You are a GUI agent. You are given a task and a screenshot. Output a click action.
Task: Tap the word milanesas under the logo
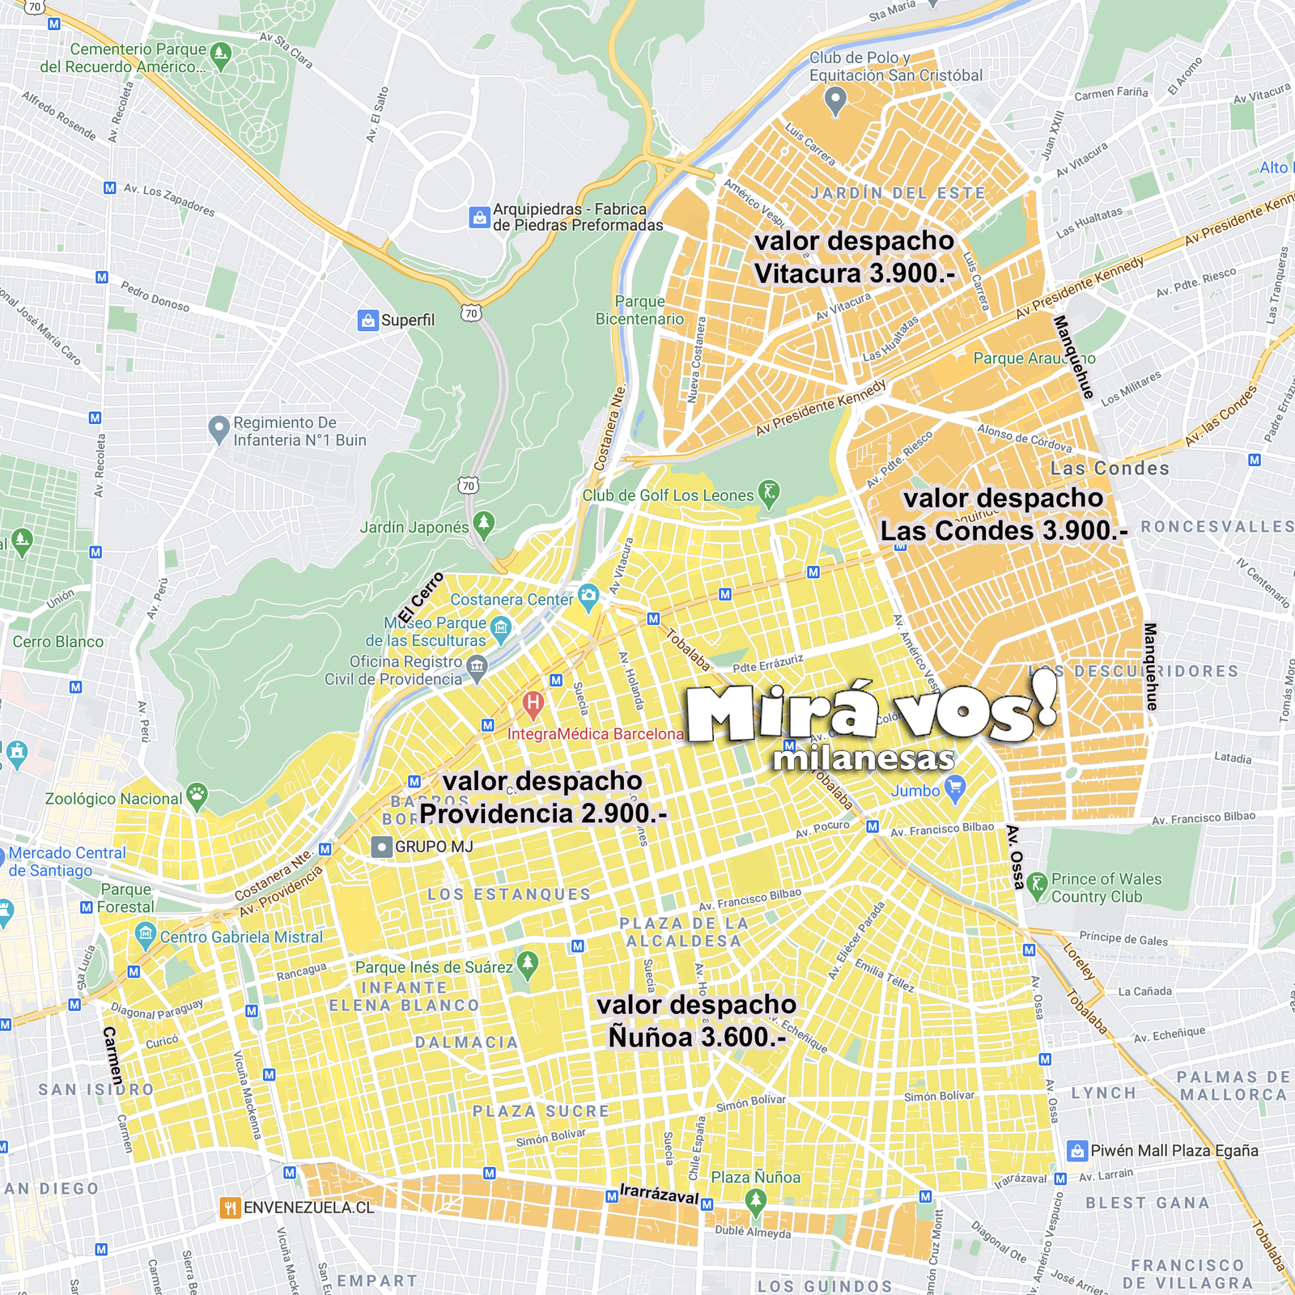864,759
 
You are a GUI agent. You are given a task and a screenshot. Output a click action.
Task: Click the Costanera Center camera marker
589,597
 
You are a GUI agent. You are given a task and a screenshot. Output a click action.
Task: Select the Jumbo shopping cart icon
956,788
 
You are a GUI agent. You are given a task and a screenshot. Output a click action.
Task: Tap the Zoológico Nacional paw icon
197,796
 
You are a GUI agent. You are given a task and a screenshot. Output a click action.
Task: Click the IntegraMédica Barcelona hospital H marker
533,704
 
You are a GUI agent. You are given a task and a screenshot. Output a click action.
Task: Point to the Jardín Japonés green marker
484,524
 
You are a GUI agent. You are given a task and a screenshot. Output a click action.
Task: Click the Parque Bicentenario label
639,310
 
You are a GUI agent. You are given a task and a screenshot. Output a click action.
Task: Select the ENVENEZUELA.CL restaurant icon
231,1208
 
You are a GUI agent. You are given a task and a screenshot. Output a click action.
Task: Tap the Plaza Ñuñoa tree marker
756,1202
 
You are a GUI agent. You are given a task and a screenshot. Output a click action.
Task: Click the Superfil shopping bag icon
368,321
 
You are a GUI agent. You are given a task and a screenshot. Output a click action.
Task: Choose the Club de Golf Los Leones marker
769,493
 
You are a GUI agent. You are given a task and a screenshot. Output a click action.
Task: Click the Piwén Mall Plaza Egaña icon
1077,1150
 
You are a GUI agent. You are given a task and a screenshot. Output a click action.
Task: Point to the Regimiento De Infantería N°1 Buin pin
219,429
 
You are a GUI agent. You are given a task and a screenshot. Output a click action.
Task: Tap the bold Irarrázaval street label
659,1194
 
